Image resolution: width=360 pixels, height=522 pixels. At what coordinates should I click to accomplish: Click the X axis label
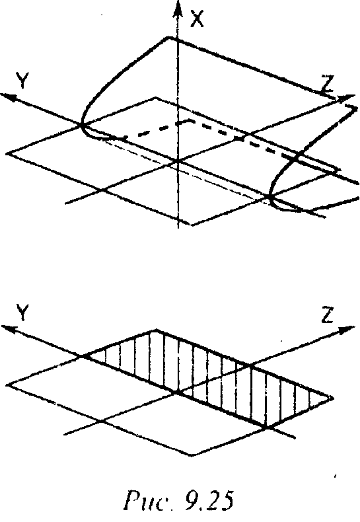point(196,19)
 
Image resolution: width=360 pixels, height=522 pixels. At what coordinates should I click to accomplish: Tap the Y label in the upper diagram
point(22,81)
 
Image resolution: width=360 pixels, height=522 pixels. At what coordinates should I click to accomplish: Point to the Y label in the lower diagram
point(22,313)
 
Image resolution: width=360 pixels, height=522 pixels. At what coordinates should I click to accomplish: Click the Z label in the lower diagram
point(328,315)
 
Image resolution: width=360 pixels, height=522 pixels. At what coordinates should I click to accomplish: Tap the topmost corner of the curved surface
point(170,38)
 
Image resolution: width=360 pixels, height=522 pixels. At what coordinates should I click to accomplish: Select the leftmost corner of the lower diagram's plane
point(7,385)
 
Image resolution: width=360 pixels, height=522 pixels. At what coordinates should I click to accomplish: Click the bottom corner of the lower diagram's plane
point(192,455)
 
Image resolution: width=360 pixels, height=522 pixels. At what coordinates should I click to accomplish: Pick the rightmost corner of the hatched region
point(333,398)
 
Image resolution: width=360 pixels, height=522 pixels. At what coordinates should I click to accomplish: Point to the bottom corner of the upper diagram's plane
point(192,225)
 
